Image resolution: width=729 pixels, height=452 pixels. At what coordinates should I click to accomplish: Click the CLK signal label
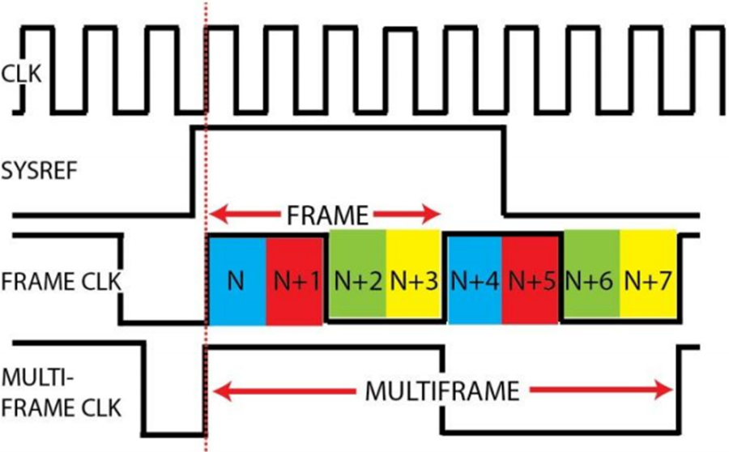pos(21,74)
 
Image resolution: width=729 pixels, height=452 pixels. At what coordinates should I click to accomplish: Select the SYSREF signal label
pos(40,172)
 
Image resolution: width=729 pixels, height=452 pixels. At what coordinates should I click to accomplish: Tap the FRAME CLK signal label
pos(61,282)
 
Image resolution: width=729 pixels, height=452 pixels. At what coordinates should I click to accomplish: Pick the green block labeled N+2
pos(357,275)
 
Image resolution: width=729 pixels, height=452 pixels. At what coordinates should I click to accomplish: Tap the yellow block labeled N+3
pos(413,275)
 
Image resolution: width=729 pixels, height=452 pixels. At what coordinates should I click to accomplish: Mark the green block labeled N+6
pos(591,275)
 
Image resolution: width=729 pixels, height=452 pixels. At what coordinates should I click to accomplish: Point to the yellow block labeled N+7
pos(648,275)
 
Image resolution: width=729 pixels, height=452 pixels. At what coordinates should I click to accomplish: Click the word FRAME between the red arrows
pos(327,215)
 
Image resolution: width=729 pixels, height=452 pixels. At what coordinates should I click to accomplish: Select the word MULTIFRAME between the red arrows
pos(441,391)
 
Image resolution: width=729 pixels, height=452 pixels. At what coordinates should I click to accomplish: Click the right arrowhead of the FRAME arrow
pos(433,215)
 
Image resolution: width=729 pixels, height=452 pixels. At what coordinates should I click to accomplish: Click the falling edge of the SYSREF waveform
pos(503,171)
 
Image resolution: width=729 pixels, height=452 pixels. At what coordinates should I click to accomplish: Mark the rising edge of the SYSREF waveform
pos(193,171)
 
